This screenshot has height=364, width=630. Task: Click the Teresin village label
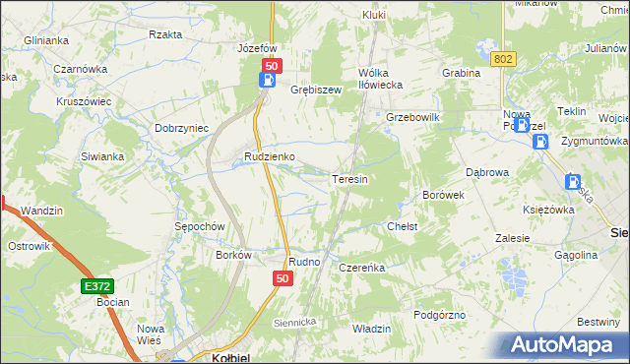tap(349, 180)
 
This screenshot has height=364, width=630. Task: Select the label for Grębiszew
tap(315, 90)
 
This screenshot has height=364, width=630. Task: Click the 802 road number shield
tap(504, 59)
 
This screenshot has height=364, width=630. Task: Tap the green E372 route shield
tap(95, 285)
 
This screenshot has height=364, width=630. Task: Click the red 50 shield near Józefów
tap(271, 65)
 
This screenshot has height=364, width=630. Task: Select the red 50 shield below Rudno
tap(283, 280)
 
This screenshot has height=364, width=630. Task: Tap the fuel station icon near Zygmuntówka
tap(540, 143)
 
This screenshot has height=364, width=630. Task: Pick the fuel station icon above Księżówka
tap(573, 181)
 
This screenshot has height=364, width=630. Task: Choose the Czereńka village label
tap(360, 268)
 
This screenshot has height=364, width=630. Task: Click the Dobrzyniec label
tap(181, 128)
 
